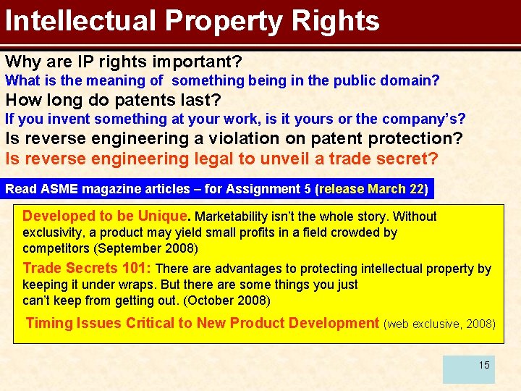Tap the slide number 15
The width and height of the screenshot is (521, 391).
(484, 365)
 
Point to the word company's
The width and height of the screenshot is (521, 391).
(425, 118)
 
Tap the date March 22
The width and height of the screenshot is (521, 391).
(396, 189)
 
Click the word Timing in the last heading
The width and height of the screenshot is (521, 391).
(48, 323)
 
